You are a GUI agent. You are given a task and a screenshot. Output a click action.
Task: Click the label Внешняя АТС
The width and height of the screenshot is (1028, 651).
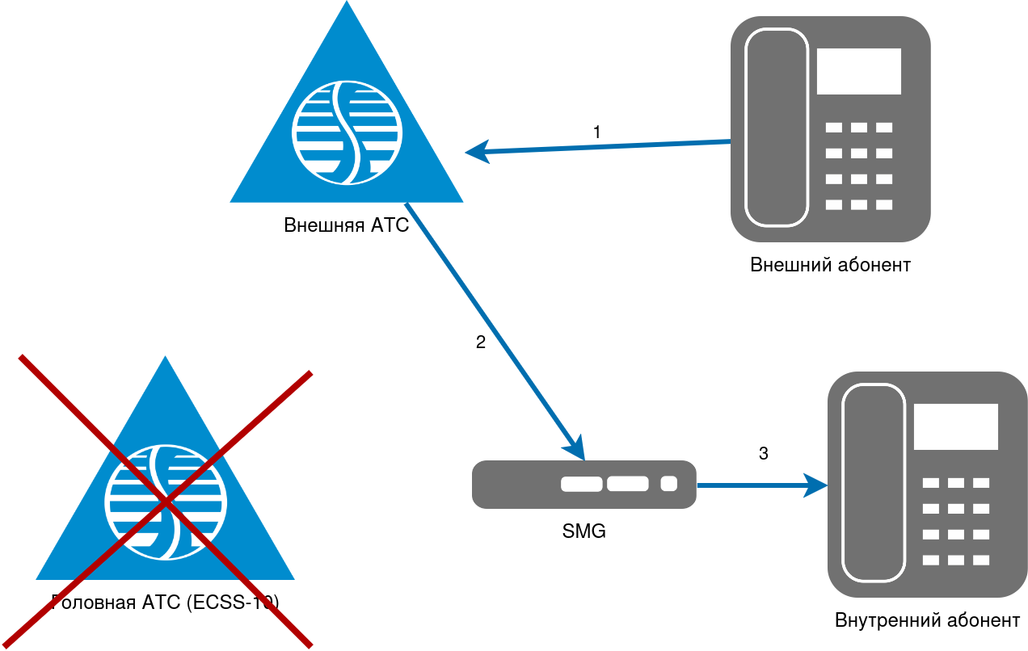coord(346,225)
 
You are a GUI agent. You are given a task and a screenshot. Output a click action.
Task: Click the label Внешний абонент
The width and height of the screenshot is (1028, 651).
coord(830,265)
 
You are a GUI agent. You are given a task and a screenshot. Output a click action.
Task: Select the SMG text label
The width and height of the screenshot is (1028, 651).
coord(584,531)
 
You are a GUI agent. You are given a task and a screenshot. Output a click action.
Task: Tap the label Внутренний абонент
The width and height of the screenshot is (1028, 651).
coord(927,620)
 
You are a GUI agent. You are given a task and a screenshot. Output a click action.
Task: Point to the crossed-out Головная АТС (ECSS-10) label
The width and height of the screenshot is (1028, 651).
coord(165,602)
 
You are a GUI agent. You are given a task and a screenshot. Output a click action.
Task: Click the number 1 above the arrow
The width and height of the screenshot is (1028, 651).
coord(596,132)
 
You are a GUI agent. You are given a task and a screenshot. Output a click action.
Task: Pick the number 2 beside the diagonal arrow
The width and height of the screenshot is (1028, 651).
coord(480,342)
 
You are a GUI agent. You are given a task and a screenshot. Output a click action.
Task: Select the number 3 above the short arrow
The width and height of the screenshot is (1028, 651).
coord(763,453)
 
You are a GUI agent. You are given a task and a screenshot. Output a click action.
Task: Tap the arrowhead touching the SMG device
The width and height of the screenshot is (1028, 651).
coord(576,450)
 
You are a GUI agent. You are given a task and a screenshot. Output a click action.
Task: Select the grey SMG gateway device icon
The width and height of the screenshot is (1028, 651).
coord(584,485)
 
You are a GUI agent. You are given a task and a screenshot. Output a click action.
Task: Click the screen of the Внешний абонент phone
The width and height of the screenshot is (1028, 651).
coord(858,71)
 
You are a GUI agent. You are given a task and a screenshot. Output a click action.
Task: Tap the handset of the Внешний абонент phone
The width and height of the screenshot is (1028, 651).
coord(777,128)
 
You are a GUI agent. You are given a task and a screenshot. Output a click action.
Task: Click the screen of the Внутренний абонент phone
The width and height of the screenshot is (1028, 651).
coord(955,426)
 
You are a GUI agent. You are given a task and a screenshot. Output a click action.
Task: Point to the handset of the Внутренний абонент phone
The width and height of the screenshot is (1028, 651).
coord(874,483)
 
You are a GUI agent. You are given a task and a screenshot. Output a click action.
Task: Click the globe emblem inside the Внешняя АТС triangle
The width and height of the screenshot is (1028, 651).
coord(346,130)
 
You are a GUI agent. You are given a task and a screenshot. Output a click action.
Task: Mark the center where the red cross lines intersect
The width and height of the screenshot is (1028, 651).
coord(166,502)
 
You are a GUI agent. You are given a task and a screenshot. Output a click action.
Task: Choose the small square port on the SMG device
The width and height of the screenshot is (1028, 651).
coord(668,484)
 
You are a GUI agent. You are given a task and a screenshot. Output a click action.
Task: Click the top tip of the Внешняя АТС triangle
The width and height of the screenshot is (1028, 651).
coord(347,3)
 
